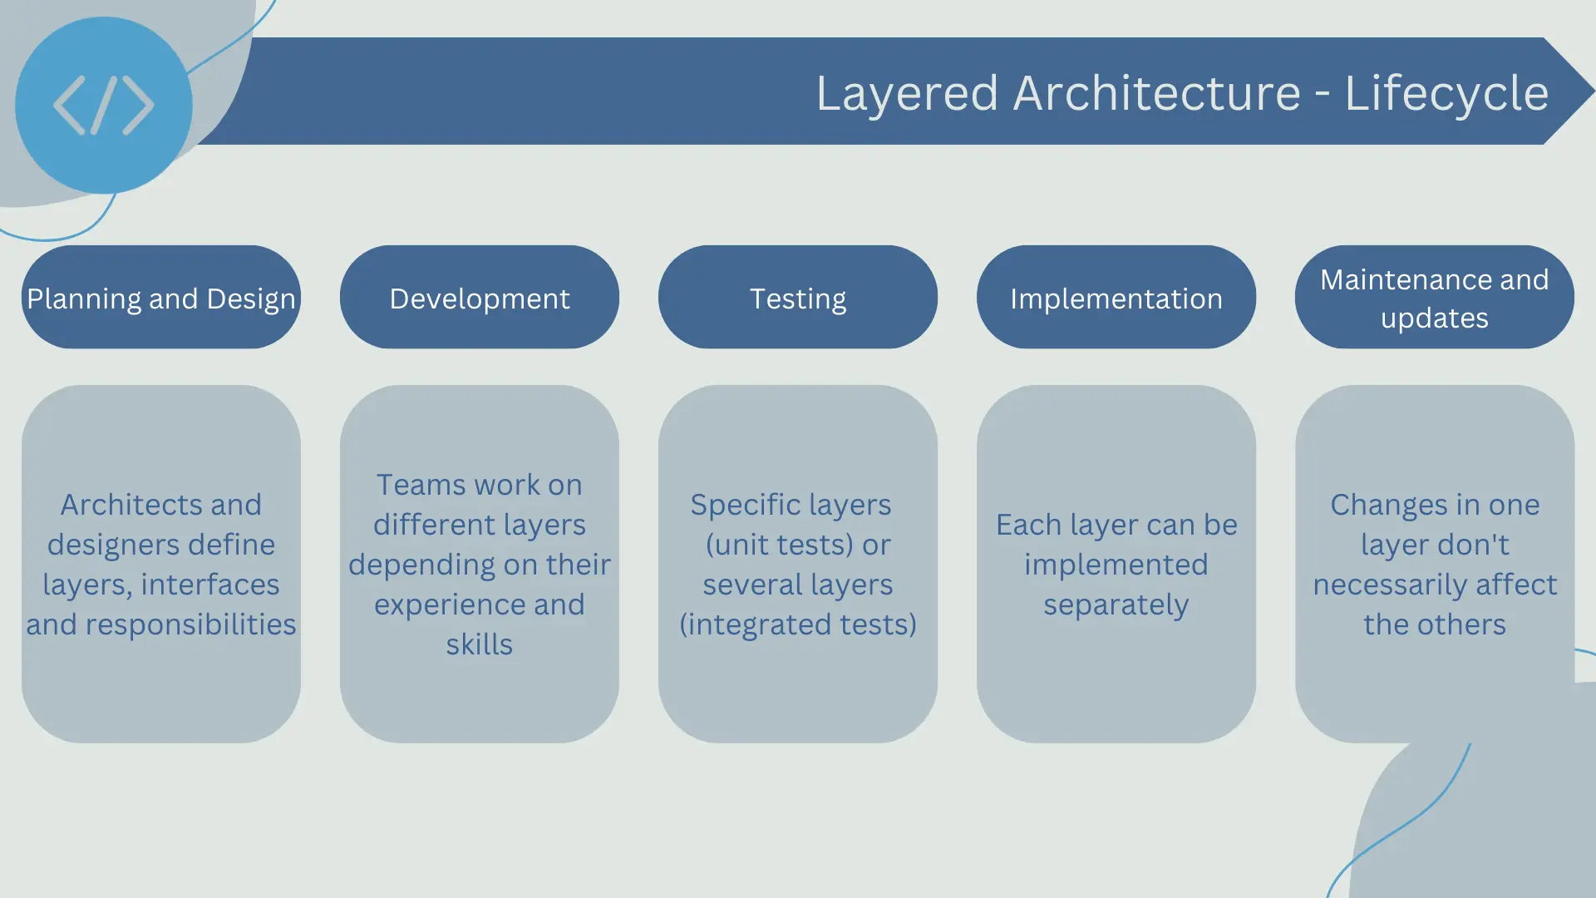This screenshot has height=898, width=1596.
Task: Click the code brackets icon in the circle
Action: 104,106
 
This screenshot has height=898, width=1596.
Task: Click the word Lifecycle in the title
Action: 1446,93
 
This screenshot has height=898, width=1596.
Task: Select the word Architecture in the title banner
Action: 1157,92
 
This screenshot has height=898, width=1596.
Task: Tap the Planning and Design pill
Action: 161,297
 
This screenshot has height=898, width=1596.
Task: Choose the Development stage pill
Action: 480,297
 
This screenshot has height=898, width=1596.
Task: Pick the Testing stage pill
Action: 798,297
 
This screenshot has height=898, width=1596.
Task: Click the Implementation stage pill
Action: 1116,297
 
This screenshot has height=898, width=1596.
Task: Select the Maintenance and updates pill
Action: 1435,297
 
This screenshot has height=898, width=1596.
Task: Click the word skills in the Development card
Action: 480,644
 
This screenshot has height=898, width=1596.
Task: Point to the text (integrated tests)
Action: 798,624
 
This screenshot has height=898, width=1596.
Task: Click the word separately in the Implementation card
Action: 1116,604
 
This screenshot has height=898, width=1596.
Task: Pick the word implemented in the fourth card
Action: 1116,565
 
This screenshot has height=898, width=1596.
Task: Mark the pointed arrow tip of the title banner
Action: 1594,91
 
